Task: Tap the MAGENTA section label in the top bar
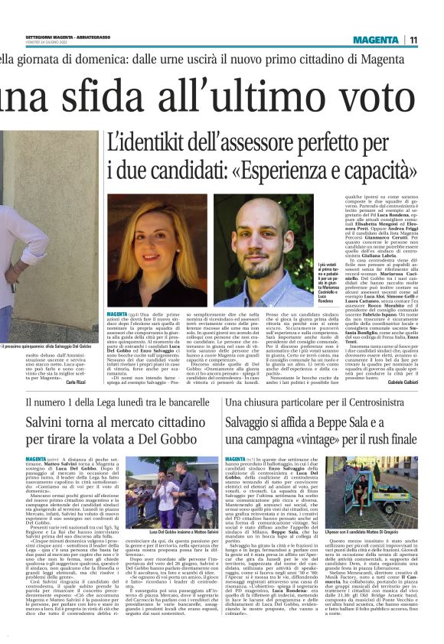380,40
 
